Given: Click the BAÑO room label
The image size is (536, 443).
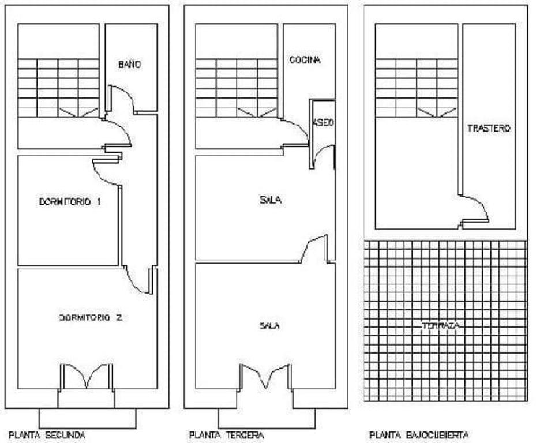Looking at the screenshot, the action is point(129,65).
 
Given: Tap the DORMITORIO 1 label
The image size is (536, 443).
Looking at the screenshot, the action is point(70,202).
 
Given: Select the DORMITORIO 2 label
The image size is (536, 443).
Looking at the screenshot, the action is point(91,318).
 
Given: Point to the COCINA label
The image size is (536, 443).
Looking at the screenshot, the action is point(305,60).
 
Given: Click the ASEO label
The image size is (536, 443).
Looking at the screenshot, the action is point(323,122).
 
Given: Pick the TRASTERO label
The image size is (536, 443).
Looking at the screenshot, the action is point(489,128).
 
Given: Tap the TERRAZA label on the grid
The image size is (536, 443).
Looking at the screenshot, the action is point(441,326).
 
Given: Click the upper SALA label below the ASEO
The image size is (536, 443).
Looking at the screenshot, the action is point(271,200).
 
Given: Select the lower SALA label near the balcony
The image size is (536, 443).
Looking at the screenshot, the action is point(269,326).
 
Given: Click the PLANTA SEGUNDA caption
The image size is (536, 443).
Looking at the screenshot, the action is point(47,435).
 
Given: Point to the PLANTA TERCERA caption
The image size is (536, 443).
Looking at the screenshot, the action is point(227,435).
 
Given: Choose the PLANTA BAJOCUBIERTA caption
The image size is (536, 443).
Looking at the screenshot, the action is point(419,435).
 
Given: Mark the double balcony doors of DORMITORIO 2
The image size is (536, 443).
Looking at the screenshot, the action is point(87,376).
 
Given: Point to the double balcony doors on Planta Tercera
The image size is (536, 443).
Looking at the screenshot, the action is point(265,376).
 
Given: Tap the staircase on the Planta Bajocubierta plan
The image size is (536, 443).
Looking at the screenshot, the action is point(417,88).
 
